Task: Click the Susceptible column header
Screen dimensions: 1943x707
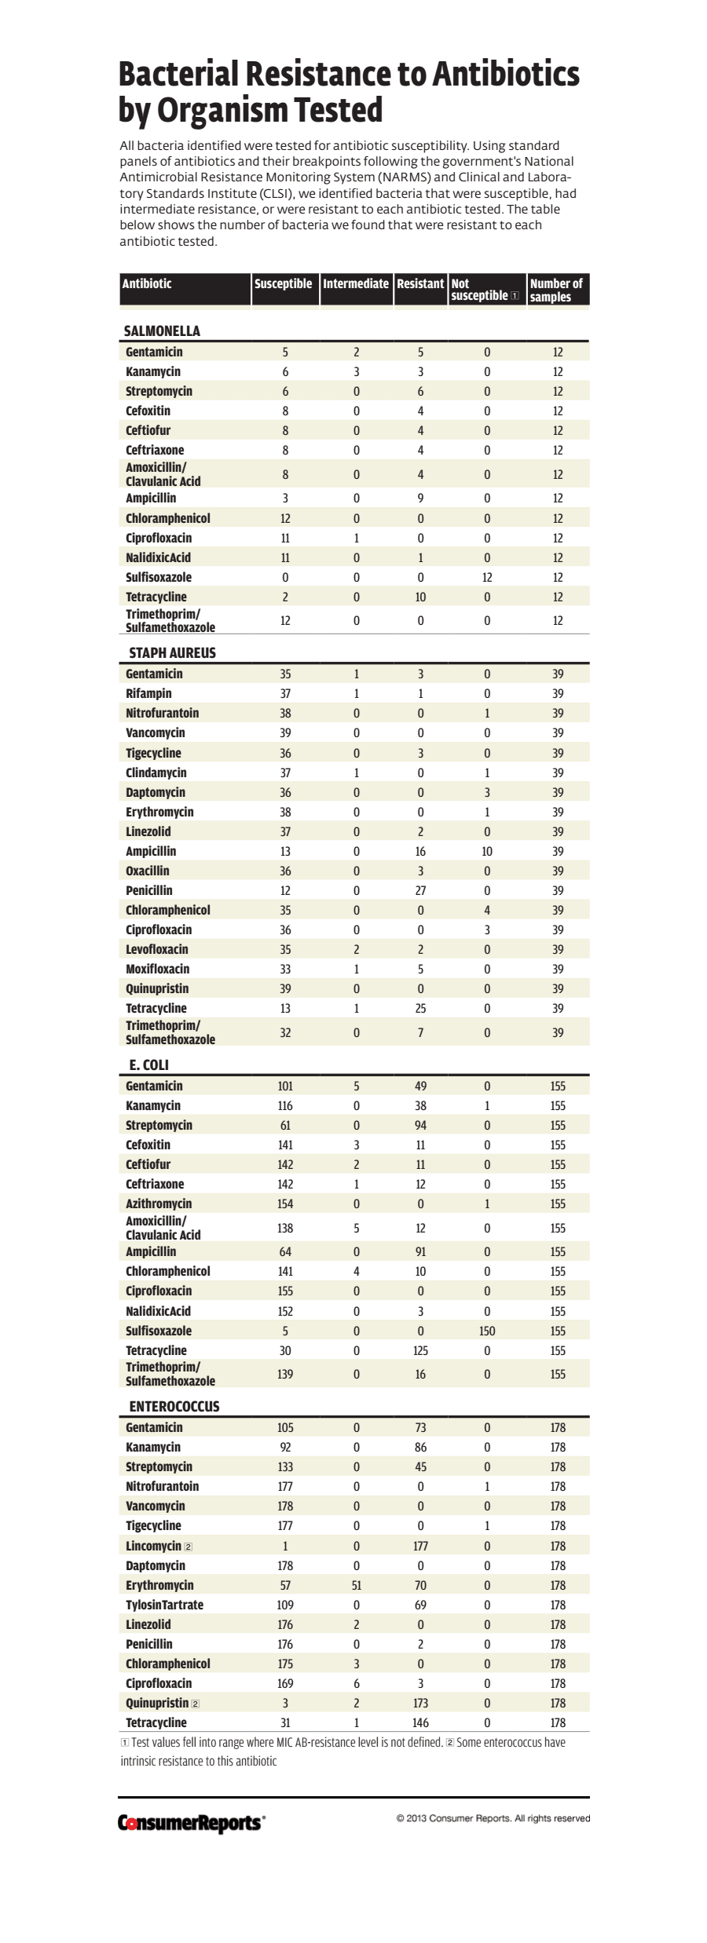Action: (283, 284)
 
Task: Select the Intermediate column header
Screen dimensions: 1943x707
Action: (355, 284)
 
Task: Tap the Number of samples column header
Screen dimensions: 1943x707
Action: (556, 290)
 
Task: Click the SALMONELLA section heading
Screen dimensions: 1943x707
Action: (162, 331)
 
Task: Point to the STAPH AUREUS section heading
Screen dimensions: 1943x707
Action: (172, 653)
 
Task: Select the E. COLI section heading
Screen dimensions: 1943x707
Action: (149, 1065)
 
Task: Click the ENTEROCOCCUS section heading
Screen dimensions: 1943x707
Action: (174, 1407)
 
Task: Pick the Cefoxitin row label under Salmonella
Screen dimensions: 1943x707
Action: (148, 411)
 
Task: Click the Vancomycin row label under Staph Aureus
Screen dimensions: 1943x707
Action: (156, 732)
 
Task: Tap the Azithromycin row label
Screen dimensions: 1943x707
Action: (159, 1203)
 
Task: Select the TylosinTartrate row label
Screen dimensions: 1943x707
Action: (164, 1605)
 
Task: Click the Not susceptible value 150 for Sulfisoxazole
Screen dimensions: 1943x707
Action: (487, 1331)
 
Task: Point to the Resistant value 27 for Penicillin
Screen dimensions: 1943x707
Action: (420, 890)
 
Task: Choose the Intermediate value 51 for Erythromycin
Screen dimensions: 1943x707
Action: (356, 1585)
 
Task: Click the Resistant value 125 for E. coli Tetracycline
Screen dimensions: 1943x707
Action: (420, 1350)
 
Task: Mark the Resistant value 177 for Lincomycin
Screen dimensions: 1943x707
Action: (420, 1546)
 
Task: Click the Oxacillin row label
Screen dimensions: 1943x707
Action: (148, 871)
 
